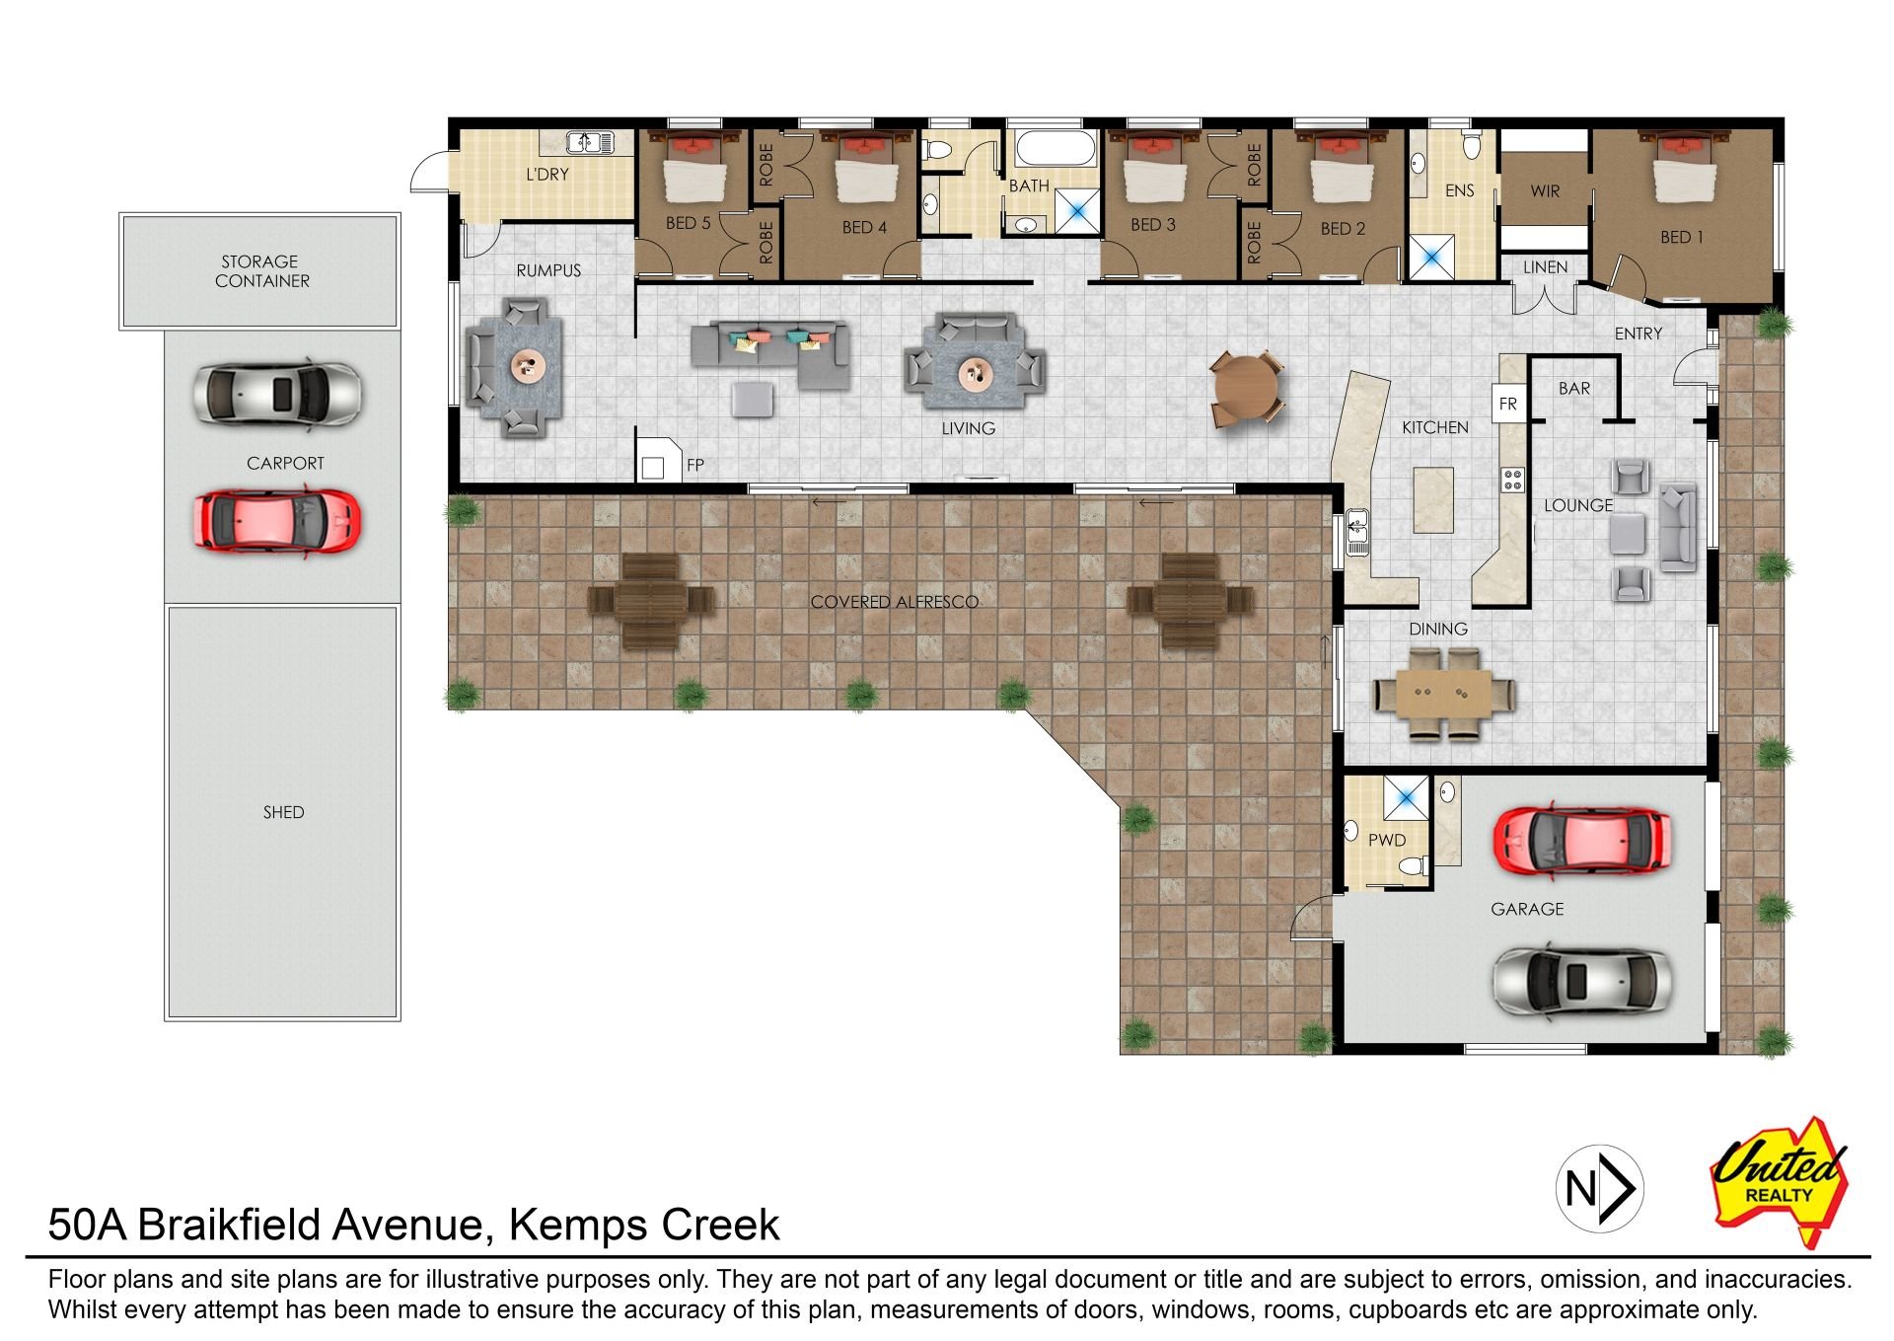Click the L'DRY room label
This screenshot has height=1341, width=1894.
[x=547, y=175]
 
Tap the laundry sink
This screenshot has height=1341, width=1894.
[x=590, y=142]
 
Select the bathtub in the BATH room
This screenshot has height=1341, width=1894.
[x=1056, y=148]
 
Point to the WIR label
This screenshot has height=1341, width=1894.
[x=1545, y=191]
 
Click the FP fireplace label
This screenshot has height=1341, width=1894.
[x=695, y=465]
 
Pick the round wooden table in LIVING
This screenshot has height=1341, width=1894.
[x=1246, y=389]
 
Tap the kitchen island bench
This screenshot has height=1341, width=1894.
[x=1433, y=500]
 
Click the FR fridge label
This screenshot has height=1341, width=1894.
[x=1508, y=404]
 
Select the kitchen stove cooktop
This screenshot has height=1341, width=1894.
[x=1512, y=480]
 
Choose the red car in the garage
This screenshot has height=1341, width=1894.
[x=1581, y=842]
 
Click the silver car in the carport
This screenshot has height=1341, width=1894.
[x=278, y=395]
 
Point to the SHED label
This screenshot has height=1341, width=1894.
[x=284, y=812]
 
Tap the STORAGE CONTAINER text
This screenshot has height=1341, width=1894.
[x=261, y=271]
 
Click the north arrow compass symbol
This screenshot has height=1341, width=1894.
[x=1599, y=1189]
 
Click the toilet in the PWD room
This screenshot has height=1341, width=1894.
[x=1414, y=866]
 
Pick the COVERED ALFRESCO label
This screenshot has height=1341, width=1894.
[x=895, y=602]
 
